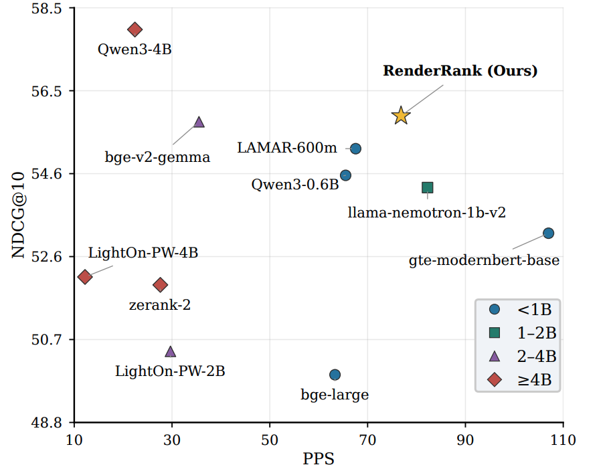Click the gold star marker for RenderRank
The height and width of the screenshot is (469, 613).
tap(401, 116)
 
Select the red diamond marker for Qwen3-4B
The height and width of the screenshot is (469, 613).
tap(135, 29)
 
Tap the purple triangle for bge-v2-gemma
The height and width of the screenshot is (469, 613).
tap(199, 122)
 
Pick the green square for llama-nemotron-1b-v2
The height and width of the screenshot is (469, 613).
tap(428, 187)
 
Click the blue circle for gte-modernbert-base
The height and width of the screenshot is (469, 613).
tap(549, 233)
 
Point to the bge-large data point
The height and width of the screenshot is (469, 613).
tap(335, 375)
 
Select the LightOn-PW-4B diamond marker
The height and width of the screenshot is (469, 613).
tap(85, 277)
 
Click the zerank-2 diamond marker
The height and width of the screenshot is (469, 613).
tap(161, 284)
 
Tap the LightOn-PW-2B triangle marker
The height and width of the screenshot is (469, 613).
tap(170, 352)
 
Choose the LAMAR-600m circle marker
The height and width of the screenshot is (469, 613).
tap(355, 149)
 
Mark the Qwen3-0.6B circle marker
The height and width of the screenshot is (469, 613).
tap(345, 175)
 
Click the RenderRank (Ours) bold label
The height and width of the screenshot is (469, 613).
tap(460, 71)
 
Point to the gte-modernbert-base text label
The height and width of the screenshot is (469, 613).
tap(484, 260)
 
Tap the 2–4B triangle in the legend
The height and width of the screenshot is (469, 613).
tap(495, 356)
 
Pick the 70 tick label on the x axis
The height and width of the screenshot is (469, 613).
tap(367, 440)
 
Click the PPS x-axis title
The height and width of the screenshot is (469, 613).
tap(319, 458)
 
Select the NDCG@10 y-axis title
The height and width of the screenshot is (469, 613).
tap(18, 215)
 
